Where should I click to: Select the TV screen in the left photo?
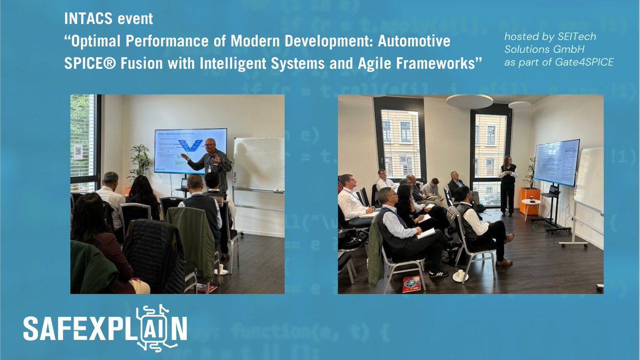click(x=190, y=151)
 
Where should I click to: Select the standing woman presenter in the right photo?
click(x=507, y=184)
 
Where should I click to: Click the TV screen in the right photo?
click(x=556, y=163)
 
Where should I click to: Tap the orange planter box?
click(x=530, y=201)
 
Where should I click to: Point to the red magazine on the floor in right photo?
click(x=411, y=284)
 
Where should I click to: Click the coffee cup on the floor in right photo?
click(x=459, y=276)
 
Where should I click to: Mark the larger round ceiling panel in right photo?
click(x=469, y=101)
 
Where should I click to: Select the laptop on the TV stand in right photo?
click(x=552, y=191)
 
